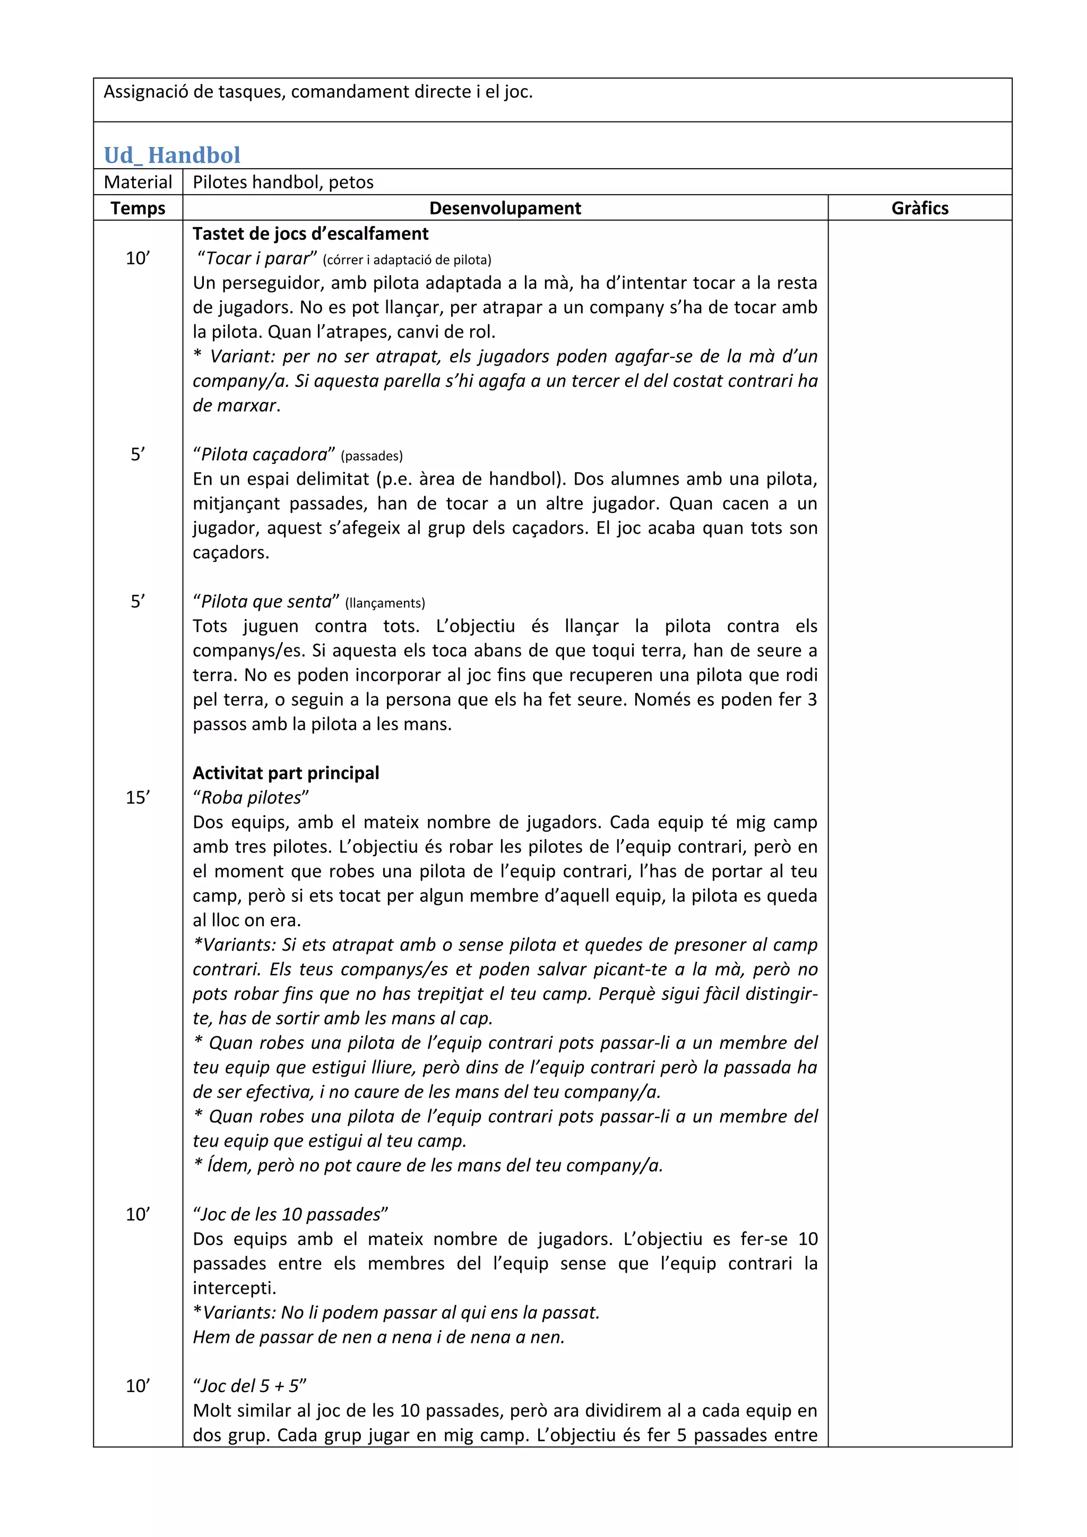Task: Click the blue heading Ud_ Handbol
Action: click(x=172, y=156)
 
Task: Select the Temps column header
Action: click(x=138, y=208)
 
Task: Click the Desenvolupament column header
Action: click(x=505, y=208)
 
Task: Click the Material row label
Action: click(x=138, y=182)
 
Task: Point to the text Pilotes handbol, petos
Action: click(x=283, y=182)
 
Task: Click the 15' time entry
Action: click(x=138, y=797)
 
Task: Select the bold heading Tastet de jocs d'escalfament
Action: click(x=310, y=234)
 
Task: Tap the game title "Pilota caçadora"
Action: click(x=264, y=454)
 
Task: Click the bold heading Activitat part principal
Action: click(x=286, y=773)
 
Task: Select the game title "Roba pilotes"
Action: click(x=251, y=798)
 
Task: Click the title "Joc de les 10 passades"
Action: click(x=290, y=1214)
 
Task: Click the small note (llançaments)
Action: click(x=385, y=603)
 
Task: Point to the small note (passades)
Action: click(x=372, y=456)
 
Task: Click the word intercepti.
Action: click(x=234, y=1288)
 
